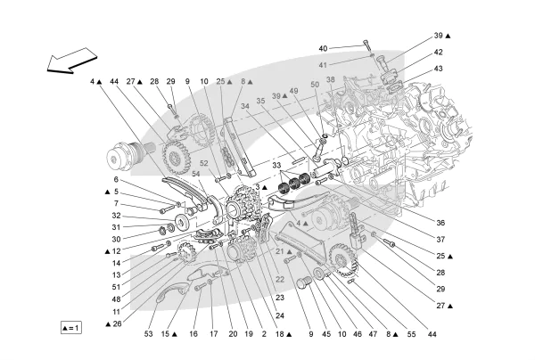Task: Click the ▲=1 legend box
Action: [x=70, y=328]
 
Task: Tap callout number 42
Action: [x=439, y=52]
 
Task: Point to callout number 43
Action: [x=439, y=69]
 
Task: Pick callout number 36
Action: [x=440, y=222]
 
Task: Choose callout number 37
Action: [x=440, y=239]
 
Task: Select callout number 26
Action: [x=115, y=323]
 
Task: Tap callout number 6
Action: [x=116, y=179]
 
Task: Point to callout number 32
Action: [x=116, y=216]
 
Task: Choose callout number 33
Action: [x=276, y=166]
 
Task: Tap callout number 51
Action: [x=116, y=287]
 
